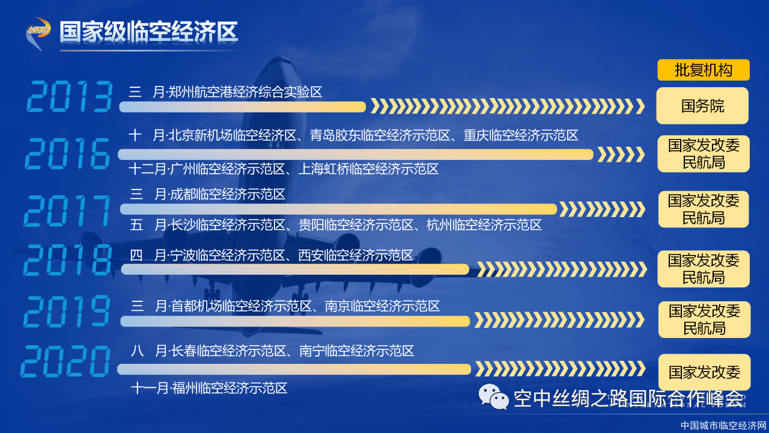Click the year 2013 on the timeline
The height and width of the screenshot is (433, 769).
tap(70, 96)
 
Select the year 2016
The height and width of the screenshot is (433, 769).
tap(68, 153)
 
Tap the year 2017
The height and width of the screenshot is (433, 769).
tap(67, 210)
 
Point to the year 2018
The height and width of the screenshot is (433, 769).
tap(68, 260)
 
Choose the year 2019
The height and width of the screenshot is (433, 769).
tap(67, 311)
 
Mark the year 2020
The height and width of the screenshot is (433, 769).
tap(65, 361)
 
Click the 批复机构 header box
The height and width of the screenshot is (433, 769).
tap(704, 70)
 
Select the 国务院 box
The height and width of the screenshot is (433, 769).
tap(702, 105)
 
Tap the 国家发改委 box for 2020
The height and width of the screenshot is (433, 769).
tap(705, 372)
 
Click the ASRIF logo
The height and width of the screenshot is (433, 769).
tap(38, 33)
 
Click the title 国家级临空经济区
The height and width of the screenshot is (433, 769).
tap(148, 32)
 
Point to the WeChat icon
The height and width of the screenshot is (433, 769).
tap(494, 397)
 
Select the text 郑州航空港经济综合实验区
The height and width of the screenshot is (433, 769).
tap(245, 92)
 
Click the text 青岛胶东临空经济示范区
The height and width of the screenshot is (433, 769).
tap(380, 135)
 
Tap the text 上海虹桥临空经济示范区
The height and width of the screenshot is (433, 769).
tap(368, 169)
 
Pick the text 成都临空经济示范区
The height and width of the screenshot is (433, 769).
tap(228, 194)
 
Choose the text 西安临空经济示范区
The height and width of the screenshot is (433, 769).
tap(355, 256)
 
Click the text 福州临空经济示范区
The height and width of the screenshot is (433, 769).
tap(229, 388)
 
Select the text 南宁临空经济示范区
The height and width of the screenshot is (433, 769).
tap(356, 351)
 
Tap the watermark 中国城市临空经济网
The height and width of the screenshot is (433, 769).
tap(723, 425)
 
